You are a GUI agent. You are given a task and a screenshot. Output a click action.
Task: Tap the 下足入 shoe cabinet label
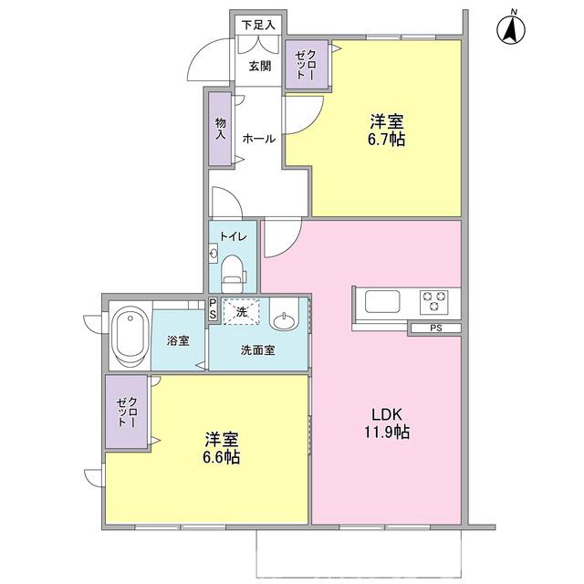pos(258,25)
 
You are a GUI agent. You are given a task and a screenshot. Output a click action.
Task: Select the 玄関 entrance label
pos(259,66)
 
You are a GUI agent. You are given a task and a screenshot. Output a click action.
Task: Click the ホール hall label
pos(258,139)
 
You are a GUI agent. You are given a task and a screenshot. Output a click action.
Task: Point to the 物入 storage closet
pos(220,129)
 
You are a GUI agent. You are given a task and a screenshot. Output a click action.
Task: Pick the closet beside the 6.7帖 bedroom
pos(307,64)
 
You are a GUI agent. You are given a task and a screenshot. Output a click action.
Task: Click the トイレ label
pos(234,235)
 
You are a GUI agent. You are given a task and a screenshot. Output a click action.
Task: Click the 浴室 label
pos(178,341)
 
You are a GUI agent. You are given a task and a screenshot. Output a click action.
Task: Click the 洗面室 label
pos(258,349)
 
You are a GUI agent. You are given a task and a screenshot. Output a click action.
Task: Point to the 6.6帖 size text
pos(222,457)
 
